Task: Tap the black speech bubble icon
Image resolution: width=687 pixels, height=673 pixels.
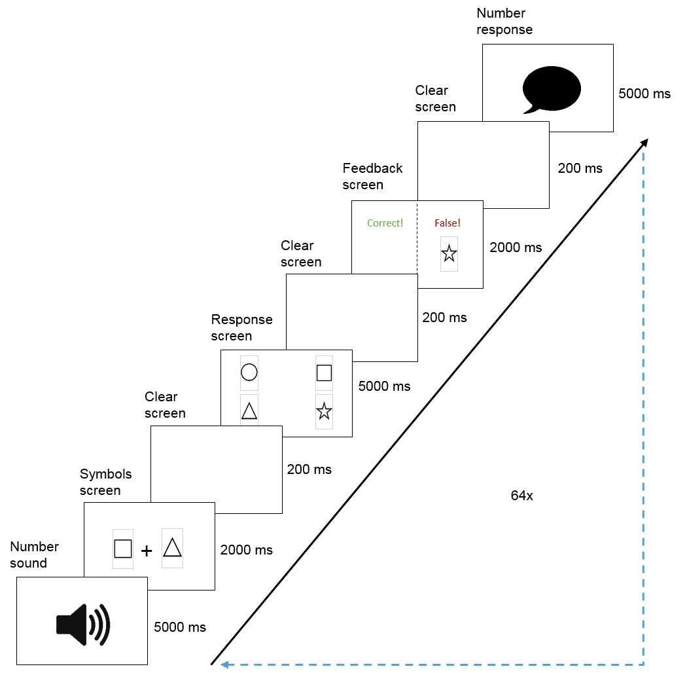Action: pyautogui.click(x=552, y=89)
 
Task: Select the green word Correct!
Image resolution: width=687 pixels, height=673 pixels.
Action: pyautogui.click(x=385, y=223)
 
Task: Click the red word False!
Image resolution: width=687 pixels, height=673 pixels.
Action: pyautogui.click(x=448, y=223)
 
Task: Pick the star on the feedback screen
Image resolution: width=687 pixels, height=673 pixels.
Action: pyautogui.click(x=449, y=253)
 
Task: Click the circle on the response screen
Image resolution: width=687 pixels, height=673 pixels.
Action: pyautogui.click(x=249, y=373)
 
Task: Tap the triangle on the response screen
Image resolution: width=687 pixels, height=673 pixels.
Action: pyautogui.click(x=249, y=411)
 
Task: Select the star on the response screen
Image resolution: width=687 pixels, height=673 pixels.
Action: pyautogui.click(x=324, y=412)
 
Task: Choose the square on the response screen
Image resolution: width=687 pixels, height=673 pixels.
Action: pyautogui.click(x=324, y=373)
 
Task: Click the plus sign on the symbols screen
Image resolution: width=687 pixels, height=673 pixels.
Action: pyautogui.click(x=147, y=551)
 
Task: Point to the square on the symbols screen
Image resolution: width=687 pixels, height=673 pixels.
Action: pyautogui.click(x=123, y=548)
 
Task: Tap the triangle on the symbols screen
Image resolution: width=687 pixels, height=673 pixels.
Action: pyautogui.click(x=172, y=547)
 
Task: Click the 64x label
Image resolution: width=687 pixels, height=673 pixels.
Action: pyautogui.click(x=521, y=496)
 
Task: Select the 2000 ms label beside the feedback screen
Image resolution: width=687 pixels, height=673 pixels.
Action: pyautogui.click(x=516, y=247)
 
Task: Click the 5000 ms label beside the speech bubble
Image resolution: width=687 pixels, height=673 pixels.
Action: pyautogui.click(x=644, y=94)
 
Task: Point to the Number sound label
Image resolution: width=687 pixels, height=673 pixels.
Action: pyautogui.click(x=34, y=555)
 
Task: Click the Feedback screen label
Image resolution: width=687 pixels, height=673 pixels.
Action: pyautogui.click(x=372, y=176)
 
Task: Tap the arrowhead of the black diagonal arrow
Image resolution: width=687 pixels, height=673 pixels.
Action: pyautogui.click(x=644, y=143)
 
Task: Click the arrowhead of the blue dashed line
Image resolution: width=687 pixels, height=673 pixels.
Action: pyautogui.click(x=224, y=664)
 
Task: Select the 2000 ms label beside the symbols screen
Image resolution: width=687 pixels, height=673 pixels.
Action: pyautogui.click(x=247, y=550)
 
